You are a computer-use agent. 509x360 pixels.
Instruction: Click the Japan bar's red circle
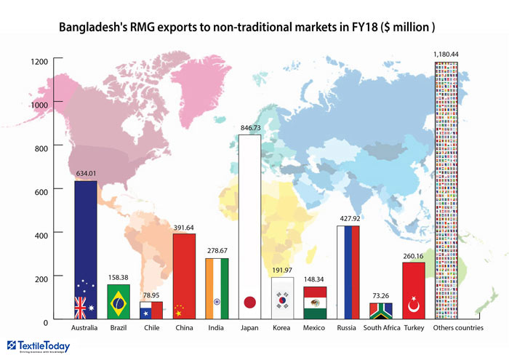pyautogui.click(x=250, y=302)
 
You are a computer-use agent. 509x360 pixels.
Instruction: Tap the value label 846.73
pyautogui.click(x=250, y=128)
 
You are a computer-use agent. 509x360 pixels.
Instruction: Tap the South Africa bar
pyautogui.click(x=380, y=311)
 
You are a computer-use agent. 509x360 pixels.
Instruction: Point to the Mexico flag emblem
pyautogui.click(x=315, y=303)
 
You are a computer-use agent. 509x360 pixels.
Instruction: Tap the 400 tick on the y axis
pyautogui.click(x=40, y=234)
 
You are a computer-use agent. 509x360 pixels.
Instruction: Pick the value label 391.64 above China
pyautogui.click(x=184, y=228)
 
